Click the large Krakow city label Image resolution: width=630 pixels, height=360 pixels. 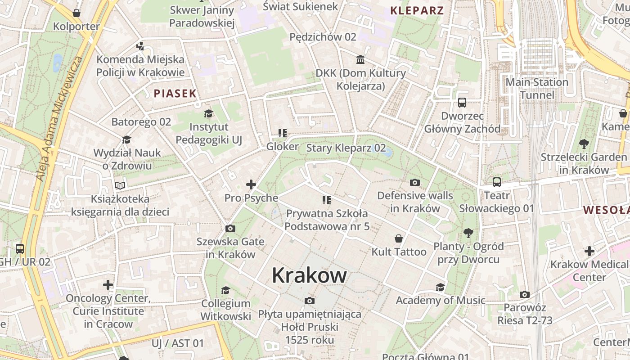309,275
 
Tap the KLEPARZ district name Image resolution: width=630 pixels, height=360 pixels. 417,11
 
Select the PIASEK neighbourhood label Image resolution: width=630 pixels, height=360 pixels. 175,94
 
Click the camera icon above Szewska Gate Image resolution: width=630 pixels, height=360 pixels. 230,229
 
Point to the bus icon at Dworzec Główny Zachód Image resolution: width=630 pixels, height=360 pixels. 462,103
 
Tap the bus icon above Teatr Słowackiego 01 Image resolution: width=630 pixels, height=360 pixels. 497,182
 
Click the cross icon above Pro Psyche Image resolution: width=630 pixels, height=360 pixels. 251,184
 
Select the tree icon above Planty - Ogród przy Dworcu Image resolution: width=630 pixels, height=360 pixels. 468,233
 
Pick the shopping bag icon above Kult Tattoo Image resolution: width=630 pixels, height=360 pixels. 398,238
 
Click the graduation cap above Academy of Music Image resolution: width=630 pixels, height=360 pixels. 440,287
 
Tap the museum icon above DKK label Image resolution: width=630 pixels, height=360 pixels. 360,59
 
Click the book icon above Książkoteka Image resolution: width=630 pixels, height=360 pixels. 120,185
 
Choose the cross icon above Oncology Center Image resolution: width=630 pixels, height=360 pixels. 108,285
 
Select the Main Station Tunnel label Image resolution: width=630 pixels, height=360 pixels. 537,89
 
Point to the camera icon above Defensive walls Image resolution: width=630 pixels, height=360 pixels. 415,182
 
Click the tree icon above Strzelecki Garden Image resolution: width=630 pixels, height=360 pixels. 584,144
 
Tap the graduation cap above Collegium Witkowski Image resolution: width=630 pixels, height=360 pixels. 225,290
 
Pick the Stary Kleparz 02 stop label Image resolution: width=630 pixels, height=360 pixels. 346,148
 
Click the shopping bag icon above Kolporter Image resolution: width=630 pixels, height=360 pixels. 76,13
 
